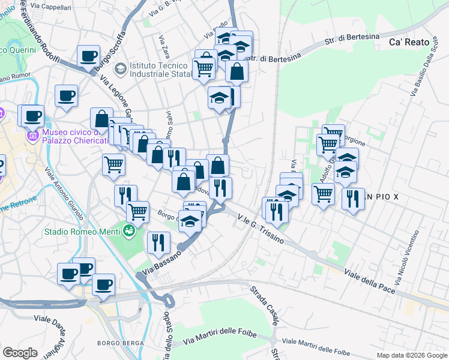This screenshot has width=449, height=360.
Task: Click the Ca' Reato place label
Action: click(410, 42)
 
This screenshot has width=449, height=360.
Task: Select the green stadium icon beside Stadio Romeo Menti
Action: click(128, 230)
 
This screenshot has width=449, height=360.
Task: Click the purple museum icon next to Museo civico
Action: click(32, 137)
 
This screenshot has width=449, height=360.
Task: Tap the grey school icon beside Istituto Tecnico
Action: click(120, 69)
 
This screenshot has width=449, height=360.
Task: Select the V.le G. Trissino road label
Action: click(261, 228)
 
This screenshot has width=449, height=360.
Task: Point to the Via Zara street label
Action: click(163, 47)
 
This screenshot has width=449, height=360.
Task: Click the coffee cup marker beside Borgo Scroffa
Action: click(88, 56)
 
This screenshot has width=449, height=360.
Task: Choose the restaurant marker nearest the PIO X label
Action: click(353, 197)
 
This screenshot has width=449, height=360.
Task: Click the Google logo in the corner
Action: click(20, 353)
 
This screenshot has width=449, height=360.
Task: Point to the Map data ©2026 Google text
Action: click(411, 355)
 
